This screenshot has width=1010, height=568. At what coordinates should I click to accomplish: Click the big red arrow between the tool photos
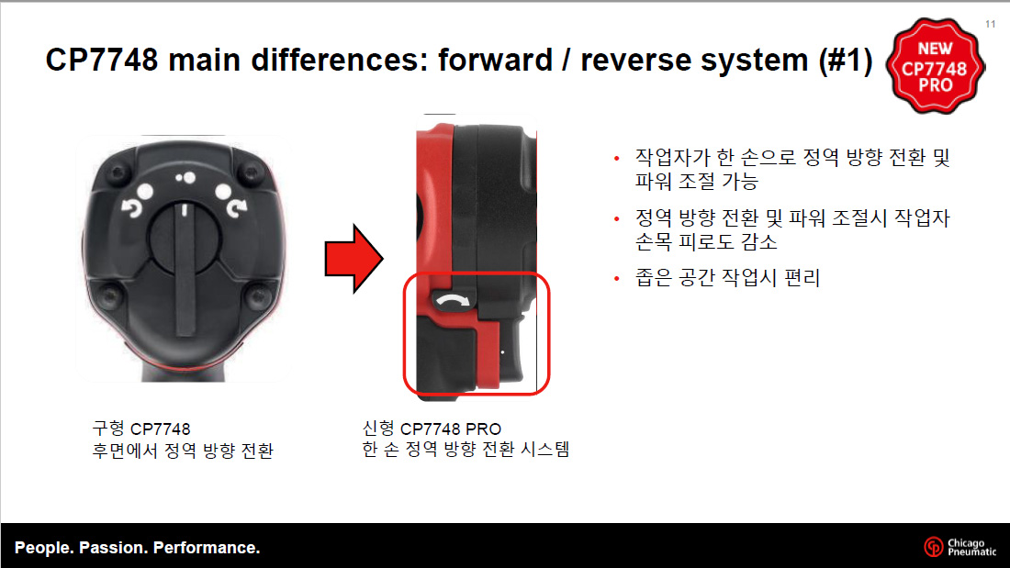pos(353,259)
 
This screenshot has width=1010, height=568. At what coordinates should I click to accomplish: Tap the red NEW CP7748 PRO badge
pos(935,66)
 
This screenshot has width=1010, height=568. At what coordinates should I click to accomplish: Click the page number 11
pos(990,24)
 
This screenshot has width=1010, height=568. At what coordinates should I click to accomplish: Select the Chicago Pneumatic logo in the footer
pos(959,547)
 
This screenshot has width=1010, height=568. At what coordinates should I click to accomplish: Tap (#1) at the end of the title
pos(845,61)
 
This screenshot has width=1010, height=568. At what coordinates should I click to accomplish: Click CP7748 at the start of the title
pos(102,61)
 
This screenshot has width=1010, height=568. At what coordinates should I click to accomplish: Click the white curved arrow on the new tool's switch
pos(454,301)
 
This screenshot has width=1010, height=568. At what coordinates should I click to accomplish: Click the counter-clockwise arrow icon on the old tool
pos(131,208)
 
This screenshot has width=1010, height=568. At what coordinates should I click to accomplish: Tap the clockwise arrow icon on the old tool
pos(236,207)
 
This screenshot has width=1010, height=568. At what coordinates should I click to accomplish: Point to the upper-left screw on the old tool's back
pos(118,173)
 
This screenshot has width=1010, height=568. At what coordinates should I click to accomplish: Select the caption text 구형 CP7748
pos(141,429)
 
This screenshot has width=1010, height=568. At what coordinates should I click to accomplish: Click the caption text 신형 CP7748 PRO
pos(432,429)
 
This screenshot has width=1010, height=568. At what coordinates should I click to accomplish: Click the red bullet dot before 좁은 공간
pos(616,278)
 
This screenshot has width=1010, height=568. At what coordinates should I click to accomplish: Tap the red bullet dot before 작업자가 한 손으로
pos(616,158)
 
